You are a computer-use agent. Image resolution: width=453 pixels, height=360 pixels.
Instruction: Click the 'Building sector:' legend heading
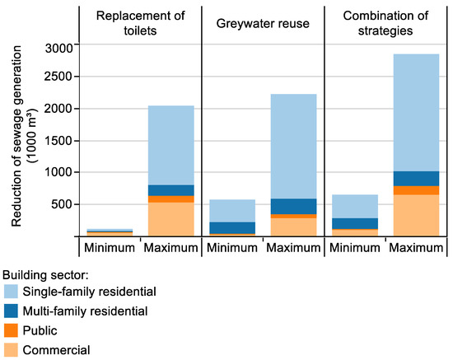click(x=47, y=273)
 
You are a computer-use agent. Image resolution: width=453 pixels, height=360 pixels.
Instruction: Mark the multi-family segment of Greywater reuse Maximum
click(x=292, y=206)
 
